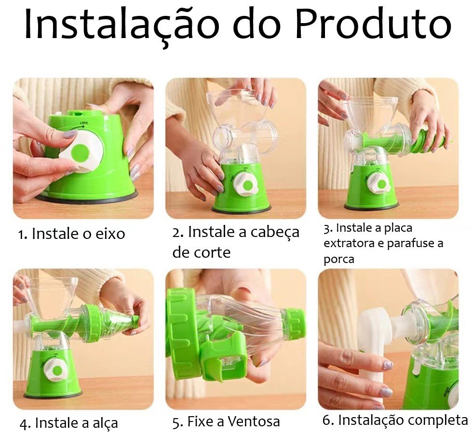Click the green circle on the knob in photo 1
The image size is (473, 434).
[81, 153]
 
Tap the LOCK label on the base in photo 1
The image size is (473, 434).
[83, 123]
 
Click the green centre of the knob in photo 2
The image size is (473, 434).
[249, 184]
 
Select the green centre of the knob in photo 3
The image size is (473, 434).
[381, 184]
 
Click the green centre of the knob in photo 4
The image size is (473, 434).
[56, 370]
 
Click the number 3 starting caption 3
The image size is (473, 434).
[327, 229]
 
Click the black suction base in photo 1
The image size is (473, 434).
[87, 198]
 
